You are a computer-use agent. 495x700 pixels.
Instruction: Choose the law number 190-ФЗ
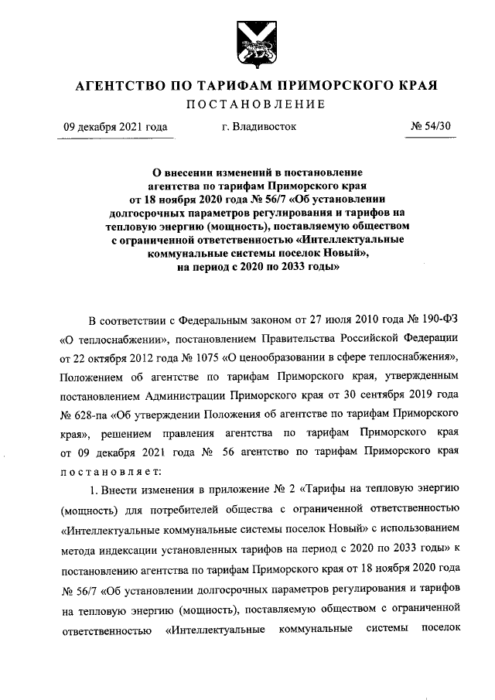click(x=439, y=320)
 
